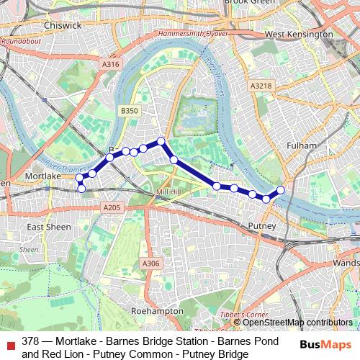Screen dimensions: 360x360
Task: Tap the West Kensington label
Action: tap(299, 34)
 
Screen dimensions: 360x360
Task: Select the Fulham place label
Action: tap(300, 145)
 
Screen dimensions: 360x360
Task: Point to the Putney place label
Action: tap(261, 227)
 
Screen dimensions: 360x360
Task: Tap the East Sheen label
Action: tap(48, 227)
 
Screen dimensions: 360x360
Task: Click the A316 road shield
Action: tap(110, 65)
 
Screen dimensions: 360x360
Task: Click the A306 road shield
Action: tap(150, 264)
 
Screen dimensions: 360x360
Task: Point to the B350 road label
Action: tap(129, 111)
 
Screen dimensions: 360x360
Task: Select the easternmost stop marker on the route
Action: tap(281, 190)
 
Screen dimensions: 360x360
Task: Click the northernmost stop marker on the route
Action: tap(161, 141)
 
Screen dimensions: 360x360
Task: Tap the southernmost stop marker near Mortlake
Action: tap(81, 189)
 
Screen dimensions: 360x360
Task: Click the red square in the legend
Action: tap(10, 345)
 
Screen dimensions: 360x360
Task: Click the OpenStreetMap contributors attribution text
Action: tap(296, 323)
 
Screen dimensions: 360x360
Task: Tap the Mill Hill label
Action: tap(171, 193)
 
